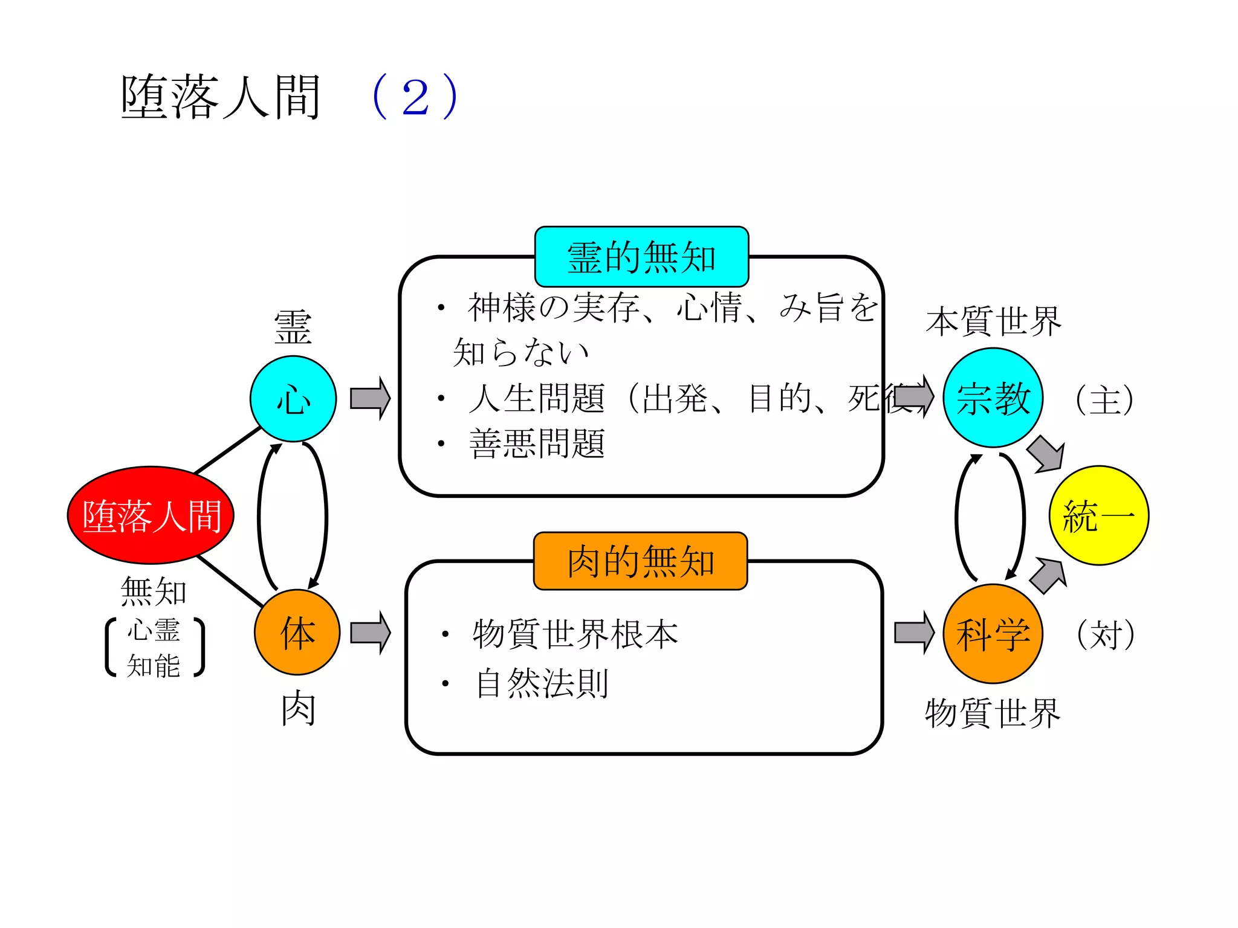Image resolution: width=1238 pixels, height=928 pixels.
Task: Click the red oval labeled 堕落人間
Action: (151, 515)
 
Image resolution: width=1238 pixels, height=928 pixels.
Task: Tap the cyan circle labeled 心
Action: (293, 399)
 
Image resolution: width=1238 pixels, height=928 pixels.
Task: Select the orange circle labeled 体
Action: (297, 633)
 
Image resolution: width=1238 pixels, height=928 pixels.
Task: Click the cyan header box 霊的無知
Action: (641, 257)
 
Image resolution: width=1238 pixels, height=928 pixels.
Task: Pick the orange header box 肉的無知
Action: (640, 561)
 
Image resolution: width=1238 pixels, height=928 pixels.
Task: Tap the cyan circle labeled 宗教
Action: (993, 398)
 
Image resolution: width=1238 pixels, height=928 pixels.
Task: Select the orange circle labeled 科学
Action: (993, 634)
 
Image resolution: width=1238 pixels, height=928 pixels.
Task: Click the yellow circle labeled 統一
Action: (1098, 515)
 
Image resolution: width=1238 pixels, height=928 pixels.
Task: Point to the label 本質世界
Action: (993, 321)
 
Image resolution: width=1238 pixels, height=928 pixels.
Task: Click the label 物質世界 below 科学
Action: (993, 714)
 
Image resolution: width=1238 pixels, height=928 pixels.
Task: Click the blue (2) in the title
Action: (416, 97)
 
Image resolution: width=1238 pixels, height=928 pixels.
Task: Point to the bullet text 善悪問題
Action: (537, 444)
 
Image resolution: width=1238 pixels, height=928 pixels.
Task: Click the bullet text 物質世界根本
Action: (575, 634)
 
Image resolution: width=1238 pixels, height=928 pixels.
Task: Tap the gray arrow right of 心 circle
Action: (370, 398)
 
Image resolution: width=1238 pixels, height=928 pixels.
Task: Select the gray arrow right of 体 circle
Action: (370, 633)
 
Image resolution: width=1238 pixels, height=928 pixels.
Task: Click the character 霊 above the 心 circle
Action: (293, 328)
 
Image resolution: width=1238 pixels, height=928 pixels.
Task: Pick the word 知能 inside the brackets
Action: (154, 666)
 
